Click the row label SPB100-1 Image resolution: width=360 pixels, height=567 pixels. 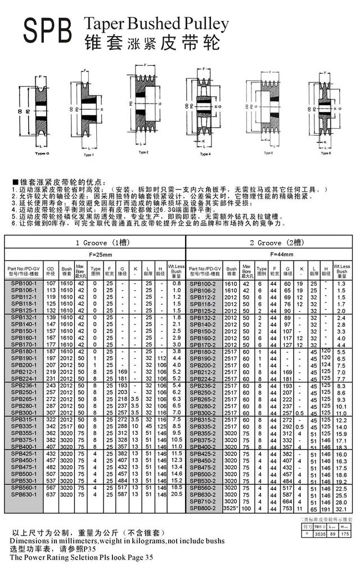click(23, 282)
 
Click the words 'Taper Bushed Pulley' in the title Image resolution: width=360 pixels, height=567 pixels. click(156, 23)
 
